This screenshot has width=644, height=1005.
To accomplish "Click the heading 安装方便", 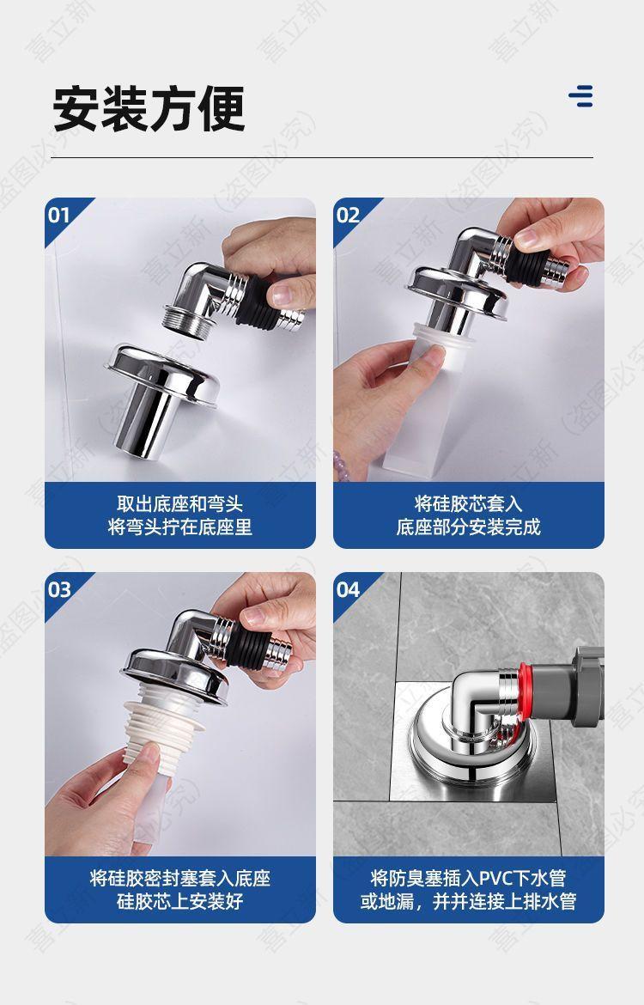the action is pos(149,108).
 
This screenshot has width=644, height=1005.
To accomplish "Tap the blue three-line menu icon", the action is pos(580,95).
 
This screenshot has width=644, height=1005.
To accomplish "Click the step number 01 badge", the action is pos(59,215).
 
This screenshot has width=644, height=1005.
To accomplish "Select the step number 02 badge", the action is pos(348,215).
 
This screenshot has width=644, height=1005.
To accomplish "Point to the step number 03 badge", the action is pos(59,589).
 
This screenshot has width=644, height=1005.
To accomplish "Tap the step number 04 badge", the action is pos(349,589).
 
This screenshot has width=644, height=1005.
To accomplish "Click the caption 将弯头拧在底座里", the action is pos(180,527).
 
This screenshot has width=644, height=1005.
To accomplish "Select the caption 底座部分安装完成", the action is pos(469,527).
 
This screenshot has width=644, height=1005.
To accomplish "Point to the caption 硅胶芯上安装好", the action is pos(180,901).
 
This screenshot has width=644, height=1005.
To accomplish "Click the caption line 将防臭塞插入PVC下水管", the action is pos(469,878).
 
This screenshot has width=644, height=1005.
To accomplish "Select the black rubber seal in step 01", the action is pos(257,301).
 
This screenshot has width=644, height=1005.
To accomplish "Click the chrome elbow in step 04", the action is pos(477,705).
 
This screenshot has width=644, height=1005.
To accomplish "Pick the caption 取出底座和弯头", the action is pos(180,503).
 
